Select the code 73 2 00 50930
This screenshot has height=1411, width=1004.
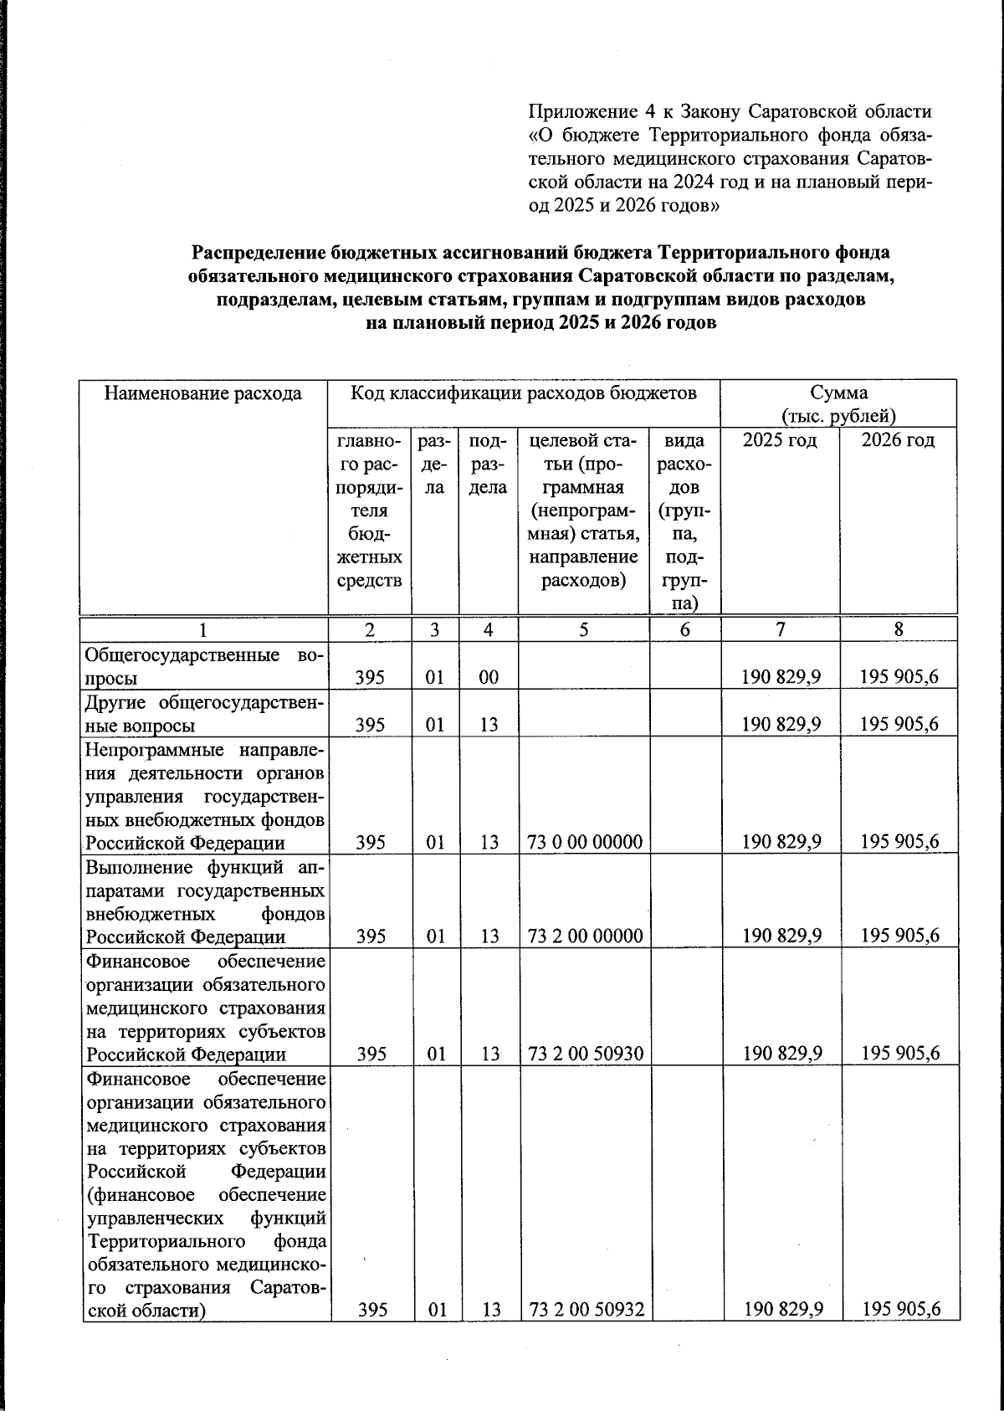585,1054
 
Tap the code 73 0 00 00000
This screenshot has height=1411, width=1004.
585,843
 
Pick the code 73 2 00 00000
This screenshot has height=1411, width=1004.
585,936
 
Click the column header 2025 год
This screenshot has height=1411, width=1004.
780,440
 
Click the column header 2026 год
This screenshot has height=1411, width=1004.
898,440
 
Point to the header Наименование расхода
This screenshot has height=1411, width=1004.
202,393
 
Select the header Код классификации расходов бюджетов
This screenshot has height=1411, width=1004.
523,393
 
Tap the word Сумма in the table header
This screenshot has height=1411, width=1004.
838,393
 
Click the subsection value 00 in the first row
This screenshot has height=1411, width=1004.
489,677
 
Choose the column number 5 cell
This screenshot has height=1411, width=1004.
583,630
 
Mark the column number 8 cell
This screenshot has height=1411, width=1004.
899,630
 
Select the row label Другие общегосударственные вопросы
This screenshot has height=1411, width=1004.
205,713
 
